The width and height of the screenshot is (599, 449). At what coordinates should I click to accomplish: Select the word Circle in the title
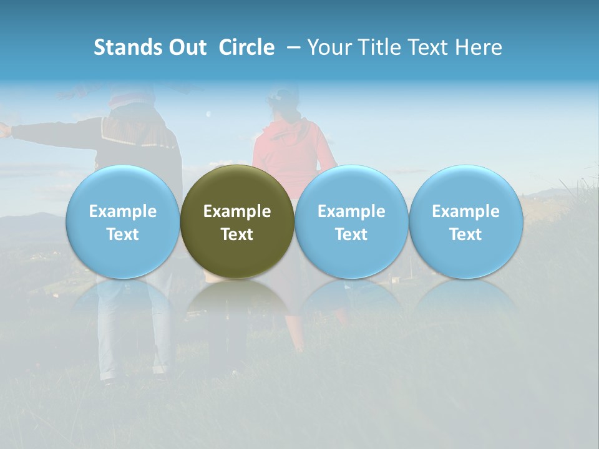point(246,47)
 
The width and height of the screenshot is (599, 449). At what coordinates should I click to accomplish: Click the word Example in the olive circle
point(237,211)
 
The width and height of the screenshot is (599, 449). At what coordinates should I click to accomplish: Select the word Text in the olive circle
point(237,234)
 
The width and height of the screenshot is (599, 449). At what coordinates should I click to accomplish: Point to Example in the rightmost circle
point(465,211)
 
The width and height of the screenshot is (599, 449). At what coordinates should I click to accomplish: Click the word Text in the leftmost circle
point(123,234)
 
